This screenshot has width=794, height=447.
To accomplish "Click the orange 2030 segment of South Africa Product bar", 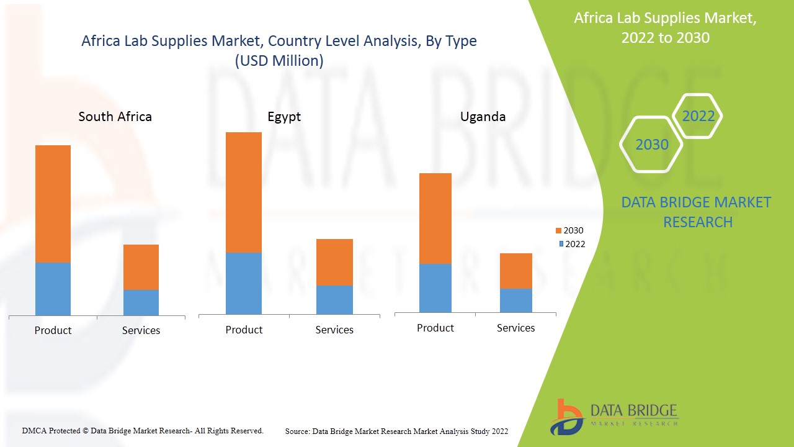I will pos(53,204).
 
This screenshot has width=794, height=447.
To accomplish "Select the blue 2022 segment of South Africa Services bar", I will pos(141,302).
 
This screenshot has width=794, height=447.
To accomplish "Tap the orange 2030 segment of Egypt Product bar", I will pos(244,192).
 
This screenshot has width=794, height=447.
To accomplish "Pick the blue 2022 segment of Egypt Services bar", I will pos(334,300).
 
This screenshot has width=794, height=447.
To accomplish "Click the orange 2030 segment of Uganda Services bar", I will pos(515,271).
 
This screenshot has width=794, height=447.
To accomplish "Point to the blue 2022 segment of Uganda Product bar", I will pos(435,288).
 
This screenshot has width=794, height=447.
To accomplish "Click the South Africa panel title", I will pos(115,117).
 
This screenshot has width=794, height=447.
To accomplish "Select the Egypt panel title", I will pos(284,117).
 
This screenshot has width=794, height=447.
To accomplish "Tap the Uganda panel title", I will pos(483,117).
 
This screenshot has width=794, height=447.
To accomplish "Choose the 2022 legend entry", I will pos(571,244).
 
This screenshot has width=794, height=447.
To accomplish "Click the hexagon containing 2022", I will pos(698,116).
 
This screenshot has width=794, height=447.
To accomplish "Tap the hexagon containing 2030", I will pos(651,145).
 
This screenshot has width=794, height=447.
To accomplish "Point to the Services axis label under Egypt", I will pos(334,330).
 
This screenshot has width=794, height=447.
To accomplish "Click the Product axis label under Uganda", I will pos(435,328).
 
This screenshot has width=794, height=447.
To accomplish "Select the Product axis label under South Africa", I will pos(53,330).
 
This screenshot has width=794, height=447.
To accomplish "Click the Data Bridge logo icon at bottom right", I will pos(566,417).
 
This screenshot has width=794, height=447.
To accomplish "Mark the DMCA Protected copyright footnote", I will pos(143,430).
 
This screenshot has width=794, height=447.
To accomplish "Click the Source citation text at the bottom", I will pos(396,431).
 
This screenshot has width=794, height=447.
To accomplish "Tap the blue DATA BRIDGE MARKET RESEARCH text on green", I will pos(697,212).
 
